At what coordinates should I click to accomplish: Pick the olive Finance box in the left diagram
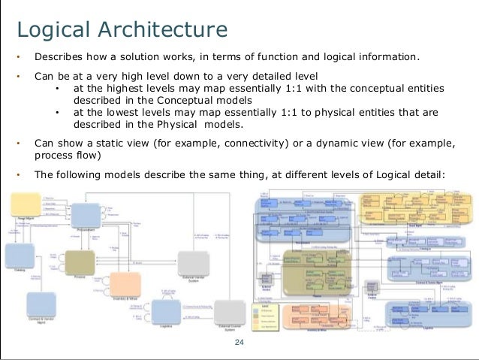[80, 263]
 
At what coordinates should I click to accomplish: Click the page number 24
[239, 343]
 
